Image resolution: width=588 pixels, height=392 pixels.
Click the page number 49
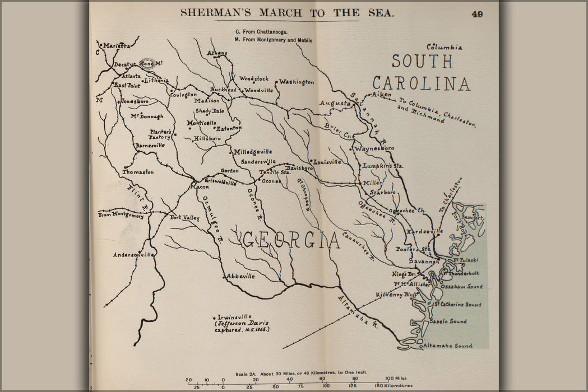[x=477, y=14]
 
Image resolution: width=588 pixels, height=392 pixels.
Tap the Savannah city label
[x=424, y=262]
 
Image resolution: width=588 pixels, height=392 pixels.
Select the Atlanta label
[x=132, y=76]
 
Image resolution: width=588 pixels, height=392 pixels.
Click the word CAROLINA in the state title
[x=421, y=83]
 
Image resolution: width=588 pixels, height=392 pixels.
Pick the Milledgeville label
[x=253, y=152]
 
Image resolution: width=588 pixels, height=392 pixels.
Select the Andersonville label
[x=133, y=255]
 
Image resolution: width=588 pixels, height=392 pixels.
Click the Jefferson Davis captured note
[x=242, y=327]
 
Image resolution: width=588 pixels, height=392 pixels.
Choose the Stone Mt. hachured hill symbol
[x=147, y=63]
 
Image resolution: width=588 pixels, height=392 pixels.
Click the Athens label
[x=217, y=53]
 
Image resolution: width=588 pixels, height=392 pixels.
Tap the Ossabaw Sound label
[x=461, y=286]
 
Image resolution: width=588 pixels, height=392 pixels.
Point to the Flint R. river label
[x=138, y=198]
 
